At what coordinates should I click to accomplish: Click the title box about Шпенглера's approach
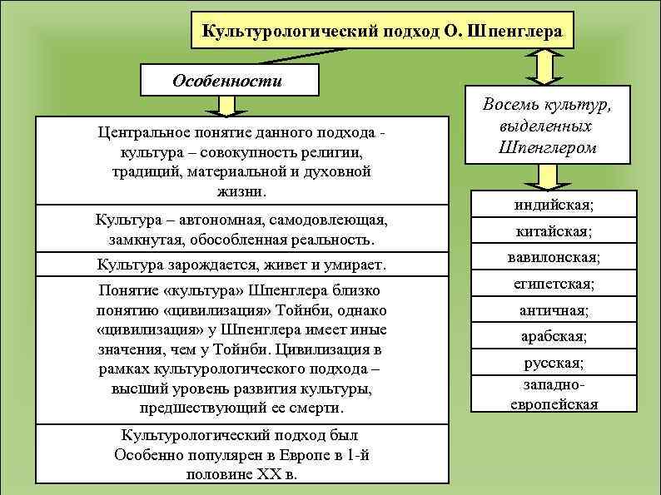[380, 32]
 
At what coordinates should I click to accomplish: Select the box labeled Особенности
[226, 82]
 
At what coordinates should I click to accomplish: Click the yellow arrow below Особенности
[226, 106]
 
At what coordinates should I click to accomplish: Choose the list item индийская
[554, 204]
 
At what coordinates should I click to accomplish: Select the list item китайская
[554, 234]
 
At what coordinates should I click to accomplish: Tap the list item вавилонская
[554, 257]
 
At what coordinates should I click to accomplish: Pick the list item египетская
[554, 284]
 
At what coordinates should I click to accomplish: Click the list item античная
[554, 310]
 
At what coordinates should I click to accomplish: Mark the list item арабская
[554, 337]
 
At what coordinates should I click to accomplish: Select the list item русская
[554, 364]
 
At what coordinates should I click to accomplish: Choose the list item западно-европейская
[554, 395]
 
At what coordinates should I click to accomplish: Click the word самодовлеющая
[330, 221]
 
